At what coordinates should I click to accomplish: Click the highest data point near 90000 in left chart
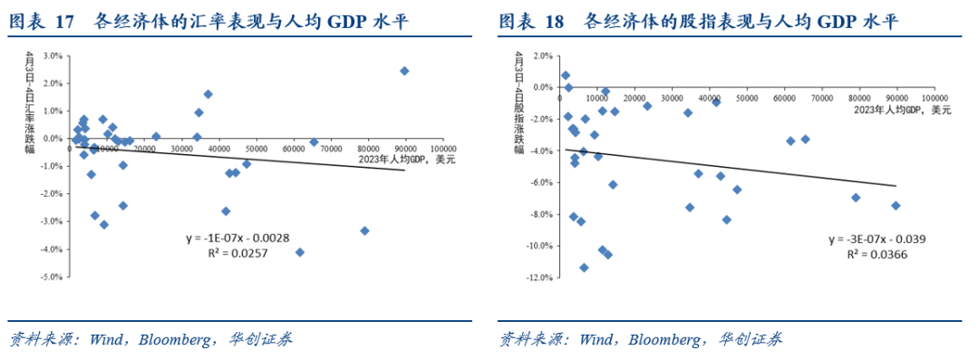pos(404,71)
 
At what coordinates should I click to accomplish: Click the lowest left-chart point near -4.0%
pos(300,252)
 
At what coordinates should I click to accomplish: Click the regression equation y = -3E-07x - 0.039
pos(876,239)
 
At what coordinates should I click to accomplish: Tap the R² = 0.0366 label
pos(877,255)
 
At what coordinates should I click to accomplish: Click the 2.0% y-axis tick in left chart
pos(53,83)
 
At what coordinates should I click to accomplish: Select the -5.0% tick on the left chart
pos(51,277)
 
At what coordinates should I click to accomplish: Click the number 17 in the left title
pos(64,23)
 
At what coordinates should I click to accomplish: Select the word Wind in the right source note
pos(597,340)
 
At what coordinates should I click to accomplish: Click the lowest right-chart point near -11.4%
pos(584,268)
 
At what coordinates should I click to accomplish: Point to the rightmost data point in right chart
pos(896,206)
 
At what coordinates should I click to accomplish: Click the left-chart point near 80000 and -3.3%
pos(364,230)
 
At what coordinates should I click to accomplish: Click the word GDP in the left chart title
pos(341,23)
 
